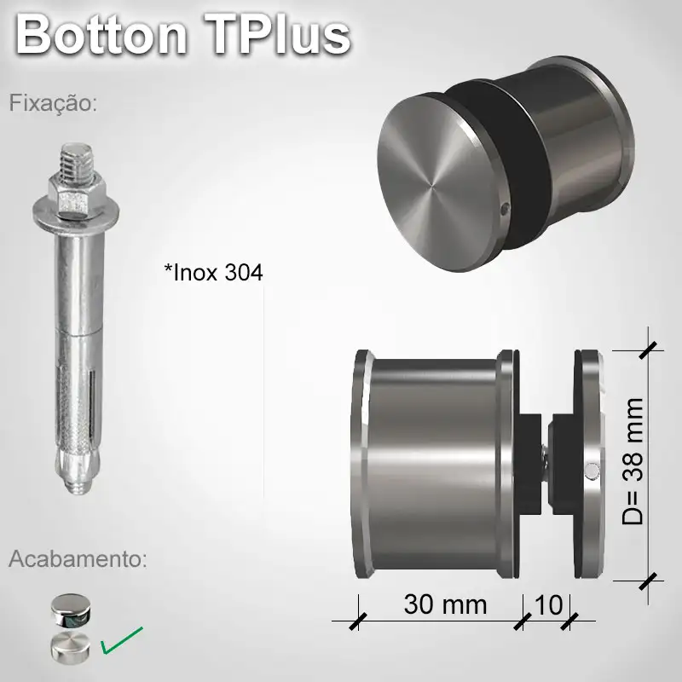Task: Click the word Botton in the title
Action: (x=101, y=35)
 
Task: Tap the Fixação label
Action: (x=54, y=104)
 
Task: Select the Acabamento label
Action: (x=78, y=559)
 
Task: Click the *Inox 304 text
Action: (x=213, y=273)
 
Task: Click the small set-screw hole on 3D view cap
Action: (x=506, y=207)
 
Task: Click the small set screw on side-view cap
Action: (x=591, y=470)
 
